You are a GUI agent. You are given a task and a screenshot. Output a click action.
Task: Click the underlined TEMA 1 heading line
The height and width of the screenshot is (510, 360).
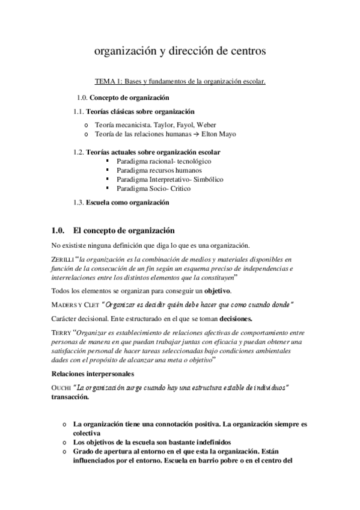click(x=180, y=81)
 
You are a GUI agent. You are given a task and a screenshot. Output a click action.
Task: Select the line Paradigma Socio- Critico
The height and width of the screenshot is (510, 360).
click(x=153, y=189)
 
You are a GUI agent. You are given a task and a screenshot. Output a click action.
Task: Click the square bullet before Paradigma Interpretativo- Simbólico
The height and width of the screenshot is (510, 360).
click(x=107, y=180)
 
